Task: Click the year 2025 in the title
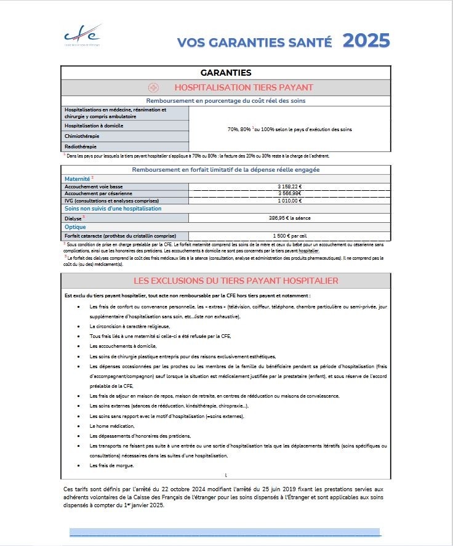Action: click(x=366, y=41)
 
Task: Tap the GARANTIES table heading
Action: click(x=225, y=73)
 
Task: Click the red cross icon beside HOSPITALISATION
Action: click(x=154, y=88)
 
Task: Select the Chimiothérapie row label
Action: click(x=82, y=136)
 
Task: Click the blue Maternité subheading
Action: click(x=78, y=178)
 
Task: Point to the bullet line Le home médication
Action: click(x=111, y=426)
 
